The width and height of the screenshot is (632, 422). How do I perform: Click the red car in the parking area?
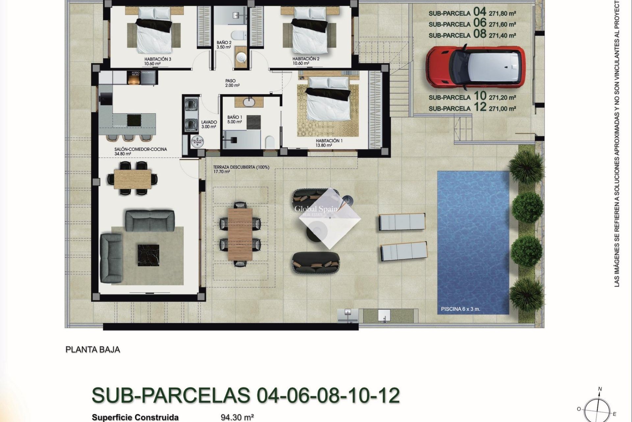point(476,67)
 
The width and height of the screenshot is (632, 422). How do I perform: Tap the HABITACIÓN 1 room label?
point(329,141)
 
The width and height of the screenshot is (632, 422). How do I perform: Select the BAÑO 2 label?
point(224,43)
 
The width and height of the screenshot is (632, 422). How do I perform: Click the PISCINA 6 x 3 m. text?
point(460,309)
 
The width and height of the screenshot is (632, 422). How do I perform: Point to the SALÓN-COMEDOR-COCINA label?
point(141,149)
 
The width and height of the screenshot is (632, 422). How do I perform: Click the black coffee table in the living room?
point(148,255)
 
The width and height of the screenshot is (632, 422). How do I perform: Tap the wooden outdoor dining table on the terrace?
point(240,234)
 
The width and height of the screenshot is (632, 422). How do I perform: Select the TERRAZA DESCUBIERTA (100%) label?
point(241,167)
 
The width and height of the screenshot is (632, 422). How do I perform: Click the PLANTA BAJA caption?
point(93,349)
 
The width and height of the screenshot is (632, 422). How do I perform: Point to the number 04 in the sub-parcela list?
point(480,12)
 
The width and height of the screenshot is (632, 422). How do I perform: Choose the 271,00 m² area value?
point(502,108)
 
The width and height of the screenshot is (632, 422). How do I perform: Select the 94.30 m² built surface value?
point(237,417)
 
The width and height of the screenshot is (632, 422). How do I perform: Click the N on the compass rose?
point(600,389)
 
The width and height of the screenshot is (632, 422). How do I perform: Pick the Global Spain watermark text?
point(316,209)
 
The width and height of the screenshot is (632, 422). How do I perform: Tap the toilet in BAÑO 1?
point(270,142)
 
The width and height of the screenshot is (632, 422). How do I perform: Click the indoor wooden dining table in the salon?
point(133,178)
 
